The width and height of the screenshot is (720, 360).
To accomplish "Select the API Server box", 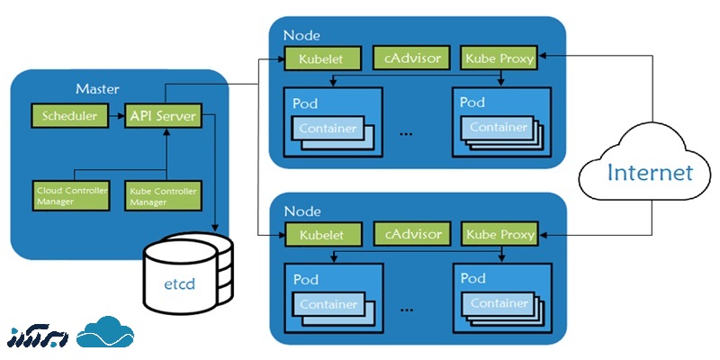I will [163, 116].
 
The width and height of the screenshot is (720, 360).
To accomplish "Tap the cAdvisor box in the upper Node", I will [412, 58].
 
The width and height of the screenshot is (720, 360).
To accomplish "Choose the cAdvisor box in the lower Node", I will [412, 234].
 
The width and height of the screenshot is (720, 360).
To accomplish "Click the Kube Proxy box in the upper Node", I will [499, 58].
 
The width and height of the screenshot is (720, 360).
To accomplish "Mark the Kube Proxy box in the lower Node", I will [499, 234].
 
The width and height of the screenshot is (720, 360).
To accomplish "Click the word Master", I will [98, 88].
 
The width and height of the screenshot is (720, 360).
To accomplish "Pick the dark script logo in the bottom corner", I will [37, 335].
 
